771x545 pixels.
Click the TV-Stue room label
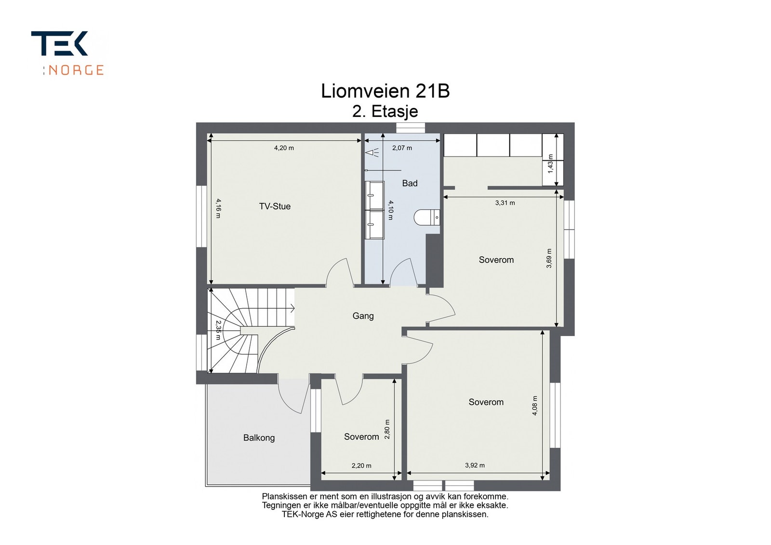coord(275,207)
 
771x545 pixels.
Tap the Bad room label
coord(410,183)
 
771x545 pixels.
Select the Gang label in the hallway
coord(363,316)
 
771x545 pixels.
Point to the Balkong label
coord(259,438)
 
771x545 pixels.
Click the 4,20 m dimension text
coord(284,148)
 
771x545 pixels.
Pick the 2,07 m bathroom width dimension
coord(402,148)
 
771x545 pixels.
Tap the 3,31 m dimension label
coord(505,203)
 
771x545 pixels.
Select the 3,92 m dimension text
coord(475,465)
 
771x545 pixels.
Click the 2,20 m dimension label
coord(361,466)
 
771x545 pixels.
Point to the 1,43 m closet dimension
coord(550,164)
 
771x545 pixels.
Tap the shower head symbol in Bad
coord(372,152)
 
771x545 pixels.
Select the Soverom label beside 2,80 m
coord(361,437)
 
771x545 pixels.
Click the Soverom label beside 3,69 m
coord(496,260)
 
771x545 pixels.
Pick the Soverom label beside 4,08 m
coord(486,402)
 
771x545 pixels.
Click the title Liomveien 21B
coord(385,91)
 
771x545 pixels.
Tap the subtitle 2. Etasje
coord(385,111)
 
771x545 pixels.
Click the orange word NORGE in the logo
coord(76,70)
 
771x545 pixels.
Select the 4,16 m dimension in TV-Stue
coord(218,208)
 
